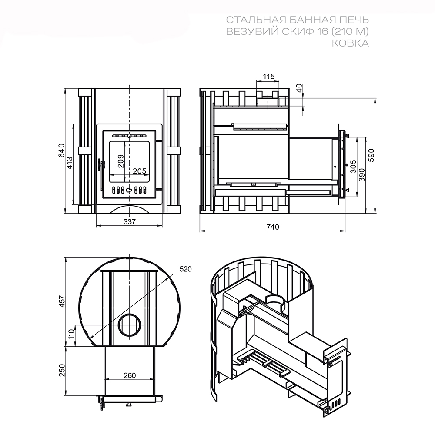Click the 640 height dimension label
pos(61,151)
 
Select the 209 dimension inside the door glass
pos(121,161)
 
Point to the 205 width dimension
pos(139,171)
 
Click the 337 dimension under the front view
pos(130,222)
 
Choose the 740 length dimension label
pos(273,227)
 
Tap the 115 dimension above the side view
pos(268,76)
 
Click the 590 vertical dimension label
pos(371,155)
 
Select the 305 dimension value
pos(353,166)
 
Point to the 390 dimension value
pos(362,175)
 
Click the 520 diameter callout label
pos(186,269)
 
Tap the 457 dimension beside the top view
pos(62,301)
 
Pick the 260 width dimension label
pos(130,375)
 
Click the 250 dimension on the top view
pos(62,370)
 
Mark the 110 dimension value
pos(71,334)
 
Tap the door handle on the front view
pos(101,166)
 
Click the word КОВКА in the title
pos(350,43)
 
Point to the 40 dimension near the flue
pos(299,88)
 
